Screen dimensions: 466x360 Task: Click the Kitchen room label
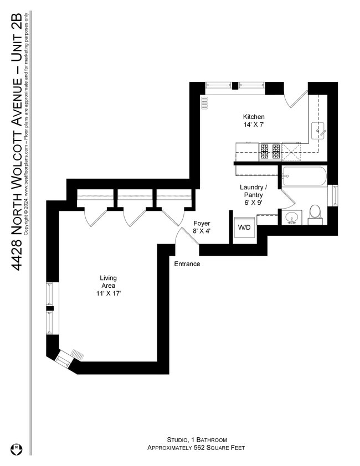pyautogui.click(x=254, y=117)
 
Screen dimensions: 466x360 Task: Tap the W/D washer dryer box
pyautogui.click(x=243, y=228)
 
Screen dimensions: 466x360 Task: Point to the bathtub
pyautogui.click(x=304, y=177)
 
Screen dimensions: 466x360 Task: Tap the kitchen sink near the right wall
pyautogui.click(x=318, y=131)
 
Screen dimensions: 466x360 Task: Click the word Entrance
pyautogui.click(x=187, y=264)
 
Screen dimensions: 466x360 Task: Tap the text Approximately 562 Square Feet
pyautogui.click(x=196, y=448)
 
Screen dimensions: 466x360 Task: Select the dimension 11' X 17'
pyautogui.click(x=108, y=293)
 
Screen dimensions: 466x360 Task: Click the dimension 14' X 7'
pyautogui.click(x=254, y=125)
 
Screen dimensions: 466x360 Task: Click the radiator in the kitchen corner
pyautogui.click(x=204, y=102)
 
